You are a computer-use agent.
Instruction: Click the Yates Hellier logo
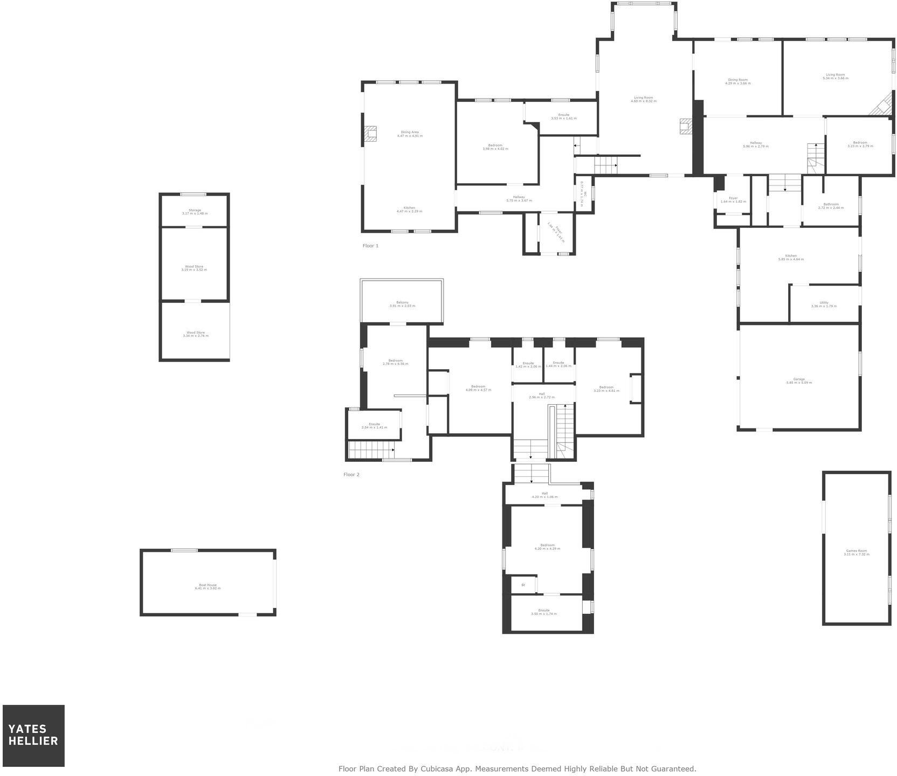point(33,735)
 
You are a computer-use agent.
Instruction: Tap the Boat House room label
point(208,586)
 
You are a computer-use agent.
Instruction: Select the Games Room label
point(856,552)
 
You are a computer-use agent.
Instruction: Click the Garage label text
point(799,381)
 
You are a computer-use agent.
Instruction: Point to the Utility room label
point(824,304)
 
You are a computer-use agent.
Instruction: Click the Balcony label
point(402,304)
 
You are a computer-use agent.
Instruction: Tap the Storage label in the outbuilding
point(195,212)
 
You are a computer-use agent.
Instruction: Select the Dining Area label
point(410,134)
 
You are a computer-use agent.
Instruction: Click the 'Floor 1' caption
point(370,246)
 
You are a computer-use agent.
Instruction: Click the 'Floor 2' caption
point(351,475)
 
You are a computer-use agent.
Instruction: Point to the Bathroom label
point(831,206)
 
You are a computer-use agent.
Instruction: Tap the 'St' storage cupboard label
point(523,585)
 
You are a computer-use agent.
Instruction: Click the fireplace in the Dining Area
point(370,134)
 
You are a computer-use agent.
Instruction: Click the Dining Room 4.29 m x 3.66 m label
point(737,81)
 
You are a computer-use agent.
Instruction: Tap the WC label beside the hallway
point(582,193)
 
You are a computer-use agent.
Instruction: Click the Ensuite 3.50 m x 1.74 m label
point(544,612)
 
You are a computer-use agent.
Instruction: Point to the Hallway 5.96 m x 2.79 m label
point(756,144)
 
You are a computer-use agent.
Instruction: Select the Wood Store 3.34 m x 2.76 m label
point(195,334)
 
